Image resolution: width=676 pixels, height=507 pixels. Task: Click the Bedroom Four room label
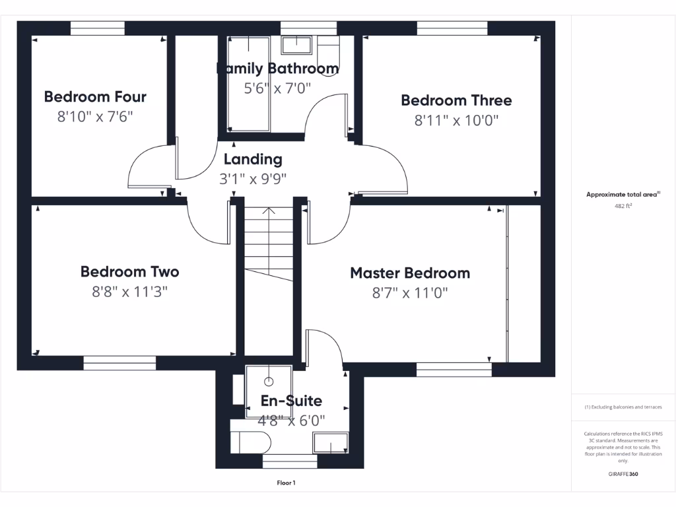click(95, 97)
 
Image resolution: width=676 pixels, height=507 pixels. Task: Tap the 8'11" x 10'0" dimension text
click(456, 120)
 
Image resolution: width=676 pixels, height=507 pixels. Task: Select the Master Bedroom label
click(410, 273)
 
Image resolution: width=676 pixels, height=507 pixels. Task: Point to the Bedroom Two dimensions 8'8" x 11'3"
click(129, 291)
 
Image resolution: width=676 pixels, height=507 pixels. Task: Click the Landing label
click(253, 159)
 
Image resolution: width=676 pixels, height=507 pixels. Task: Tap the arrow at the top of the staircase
click(269, 212)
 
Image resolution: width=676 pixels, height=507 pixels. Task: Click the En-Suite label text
click(291, 401)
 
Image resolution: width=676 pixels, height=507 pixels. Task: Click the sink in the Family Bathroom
click(296, 45)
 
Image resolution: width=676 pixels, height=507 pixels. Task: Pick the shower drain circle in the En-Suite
click(269, 381)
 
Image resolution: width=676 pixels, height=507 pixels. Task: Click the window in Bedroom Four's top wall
click(97, 28)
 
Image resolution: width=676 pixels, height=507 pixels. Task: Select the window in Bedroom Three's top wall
click(452, 28)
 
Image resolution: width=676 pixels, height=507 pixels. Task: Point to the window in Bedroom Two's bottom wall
click(119, 363)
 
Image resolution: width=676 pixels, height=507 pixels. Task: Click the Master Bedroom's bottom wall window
click(454, 369)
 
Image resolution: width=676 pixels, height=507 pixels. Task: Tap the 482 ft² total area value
click(623, 206)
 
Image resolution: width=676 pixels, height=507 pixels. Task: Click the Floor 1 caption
click(286, 483)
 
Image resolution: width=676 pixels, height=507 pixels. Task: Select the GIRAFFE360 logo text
click(623, 474)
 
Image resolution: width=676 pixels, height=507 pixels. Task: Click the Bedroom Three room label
click(456, 100)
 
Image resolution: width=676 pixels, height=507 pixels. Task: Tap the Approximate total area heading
click(623, 194)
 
